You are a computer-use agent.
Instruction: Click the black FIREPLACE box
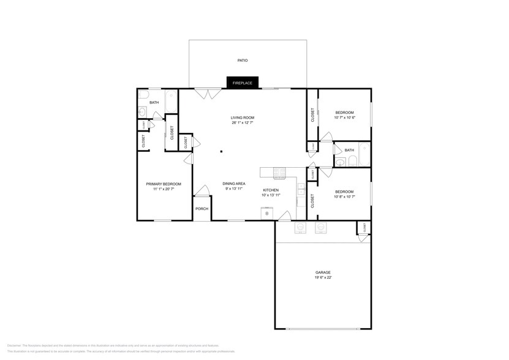pyautogui.click(x=243, y=83)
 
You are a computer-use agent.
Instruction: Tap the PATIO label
pyautogui.click(x=243, y=61)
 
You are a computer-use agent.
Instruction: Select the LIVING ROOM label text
pyautogui.click(x=243, y=118)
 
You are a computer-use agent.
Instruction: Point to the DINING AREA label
pyautogui.click(x=234, y=184)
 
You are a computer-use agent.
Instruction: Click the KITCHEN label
pyautogui.click(x=271, y=190)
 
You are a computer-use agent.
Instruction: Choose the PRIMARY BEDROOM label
pyautogui.click(x=163, y=184)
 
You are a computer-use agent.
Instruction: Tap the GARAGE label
pyautogui.click(x=323, y=272)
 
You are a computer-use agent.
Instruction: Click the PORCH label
pyautogui.click(x=202, y=209)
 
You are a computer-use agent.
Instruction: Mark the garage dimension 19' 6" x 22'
pyautogui.click(x=323, y=278)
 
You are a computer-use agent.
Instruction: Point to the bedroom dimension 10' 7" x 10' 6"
pyautogui.click(x=344, y=118)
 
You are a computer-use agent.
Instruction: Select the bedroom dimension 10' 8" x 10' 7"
pyautogui.click(x=344, y=197)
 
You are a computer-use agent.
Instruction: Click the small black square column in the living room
pyautogui.click(x=222, y=151)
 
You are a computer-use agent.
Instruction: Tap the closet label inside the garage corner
pyautogui.click(x=364, y=227)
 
